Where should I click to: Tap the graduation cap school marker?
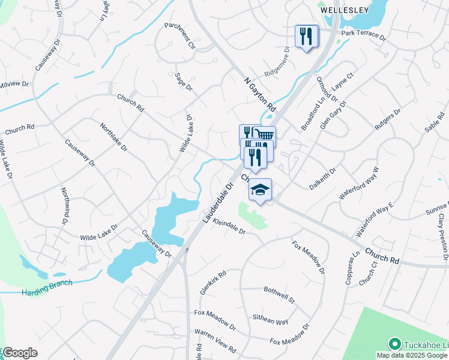(x=260, y=190)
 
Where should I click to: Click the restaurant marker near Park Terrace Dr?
(x=307, y=37)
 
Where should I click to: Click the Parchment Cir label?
(x=181, y=35)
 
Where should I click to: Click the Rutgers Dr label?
(x=388, y=121)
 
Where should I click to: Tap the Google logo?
(x=20, y=353)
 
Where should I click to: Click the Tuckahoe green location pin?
(x=394, y=344)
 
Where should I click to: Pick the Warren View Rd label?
(x=215, y=347)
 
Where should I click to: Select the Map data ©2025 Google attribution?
(x=412, y=355)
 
